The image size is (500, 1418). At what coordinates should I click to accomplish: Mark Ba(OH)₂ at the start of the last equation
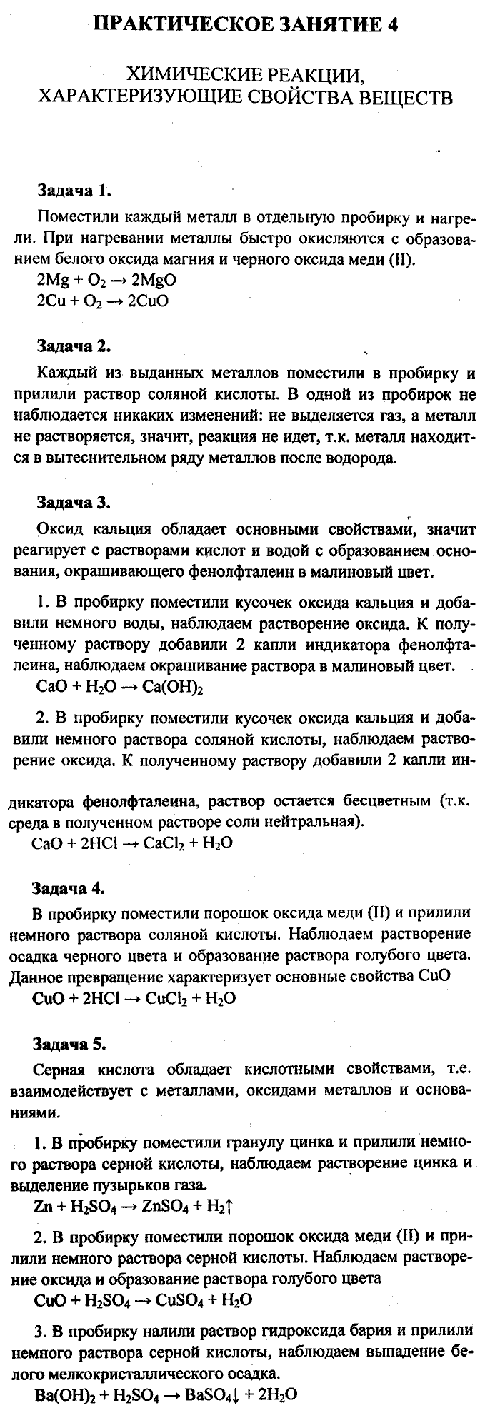point(64,1394)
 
